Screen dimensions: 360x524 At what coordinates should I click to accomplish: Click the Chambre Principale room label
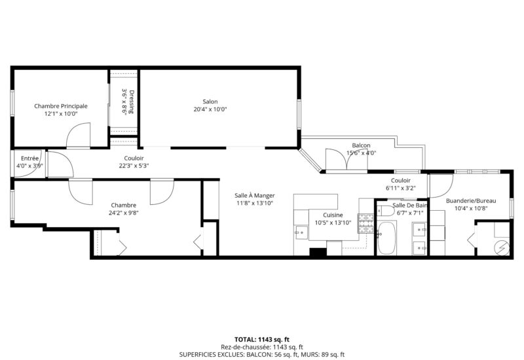click(x=61, y=105)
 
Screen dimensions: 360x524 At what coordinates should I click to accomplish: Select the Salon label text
click(x=210, y=101)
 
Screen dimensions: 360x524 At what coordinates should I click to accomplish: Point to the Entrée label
click(x=29, y=158)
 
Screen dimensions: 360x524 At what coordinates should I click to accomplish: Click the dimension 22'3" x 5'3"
click(x=134, y=166)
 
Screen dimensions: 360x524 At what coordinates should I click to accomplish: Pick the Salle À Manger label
click(x=255, y=195)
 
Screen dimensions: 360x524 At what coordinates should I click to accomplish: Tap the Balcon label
click(x=361, y=145)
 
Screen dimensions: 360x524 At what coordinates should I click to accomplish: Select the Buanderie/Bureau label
click(x=470, y=200)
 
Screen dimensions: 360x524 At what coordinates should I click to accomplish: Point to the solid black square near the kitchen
click(x=317, y=252)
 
